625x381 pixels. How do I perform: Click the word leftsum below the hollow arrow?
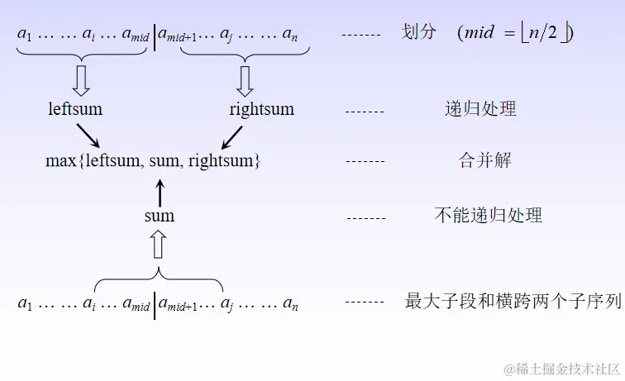point(75,109)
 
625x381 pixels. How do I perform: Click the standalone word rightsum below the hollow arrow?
point(261,109)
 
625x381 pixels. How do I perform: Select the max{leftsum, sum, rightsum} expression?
point(153,161)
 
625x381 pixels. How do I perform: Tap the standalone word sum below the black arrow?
point(159,216)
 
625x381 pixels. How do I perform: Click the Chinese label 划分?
point(418,33)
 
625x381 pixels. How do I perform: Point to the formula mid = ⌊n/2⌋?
point(515,33)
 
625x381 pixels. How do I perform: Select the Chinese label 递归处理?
point(480,109)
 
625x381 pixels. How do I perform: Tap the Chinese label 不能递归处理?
point(488,216)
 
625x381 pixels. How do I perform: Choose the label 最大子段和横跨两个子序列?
point(513,302)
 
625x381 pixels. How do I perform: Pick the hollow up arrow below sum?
point(159,245)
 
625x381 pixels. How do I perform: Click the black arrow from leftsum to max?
point(88,136)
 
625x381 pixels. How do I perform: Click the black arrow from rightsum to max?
point(231,136)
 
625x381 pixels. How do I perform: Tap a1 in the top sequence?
point(23,35)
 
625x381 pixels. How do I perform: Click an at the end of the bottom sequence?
point(289,304)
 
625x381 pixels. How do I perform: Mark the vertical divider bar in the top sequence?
point(155,37)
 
